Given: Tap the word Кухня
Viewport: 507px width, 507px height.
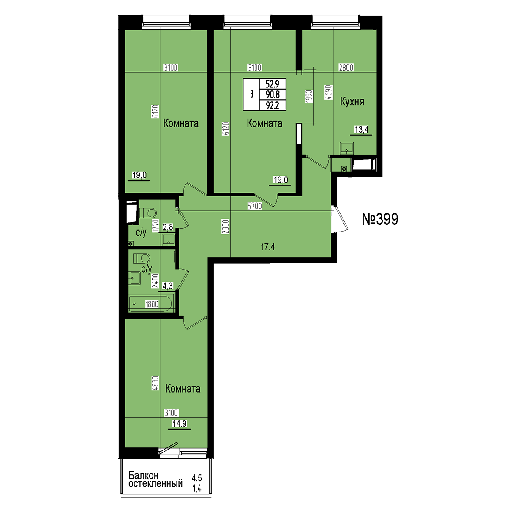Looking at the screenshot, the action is coord(352,101).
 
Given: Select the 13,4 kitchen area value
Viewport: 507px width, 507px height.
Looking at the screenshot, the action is coord(361,130).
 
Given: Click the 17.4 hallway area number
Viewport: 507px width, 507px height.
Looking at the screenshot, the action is coord(268,247).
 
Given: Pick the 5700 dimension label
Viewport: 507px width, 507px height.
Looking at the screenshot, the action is coord(254,206).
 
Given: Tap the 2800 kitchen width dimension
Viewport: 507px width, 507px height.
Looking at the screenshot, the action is coord(346,68).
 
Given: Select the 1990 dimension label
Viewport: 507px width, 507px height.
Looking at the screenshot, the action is coord(309,96).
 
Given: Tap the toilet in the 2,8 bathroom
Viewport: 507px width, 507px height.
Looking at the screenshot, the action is coord(147,213).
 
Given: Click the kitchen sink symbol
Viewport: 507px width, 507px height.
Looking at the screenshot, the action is coord(346,148).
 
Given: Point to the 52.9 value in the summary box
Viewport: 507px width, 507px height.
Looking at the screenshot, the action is coord(272,84).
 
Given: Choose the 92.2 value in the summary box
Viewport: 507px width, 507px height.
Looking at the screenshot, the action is coord(273,106).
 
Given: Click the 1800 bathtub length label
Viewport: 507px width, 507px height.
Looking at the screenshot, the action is coord(152,304).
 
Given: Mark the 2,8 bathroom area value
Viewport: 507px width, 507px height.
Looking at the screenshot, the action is coord(168,227).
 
